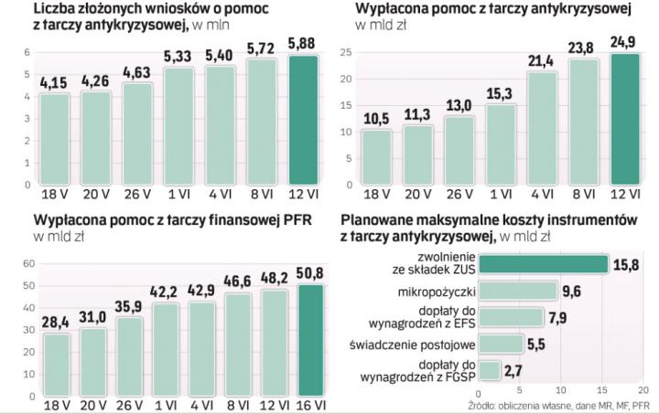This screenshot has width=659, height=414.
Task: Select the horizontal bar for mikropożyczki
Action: pyautogui.click(x=518, y=291)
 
